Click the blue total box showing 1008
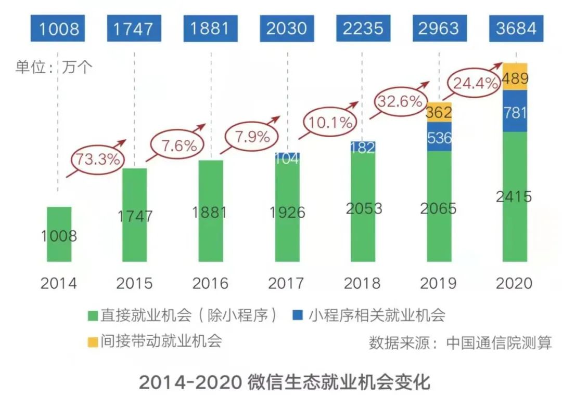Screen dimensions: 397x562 [58, 28]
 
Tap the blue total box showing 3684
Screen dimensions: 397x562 [515, 28]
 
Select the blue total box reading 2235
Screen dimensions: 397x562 [363, 28]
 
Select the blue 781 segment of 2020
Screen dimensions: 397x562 [515, 111]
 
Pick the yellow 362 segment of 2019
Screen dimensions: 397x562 [439, 112]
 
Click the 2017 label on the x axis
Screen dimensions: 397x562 [286, 284]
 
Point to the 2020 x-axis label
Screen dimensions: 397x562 [514, 284]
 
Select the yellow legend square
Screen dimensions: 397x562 [93, 342]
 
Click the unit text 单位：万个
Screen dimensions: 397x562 [54, 68]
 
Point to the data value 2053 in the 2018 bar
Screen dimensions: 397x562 [363, 208]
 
